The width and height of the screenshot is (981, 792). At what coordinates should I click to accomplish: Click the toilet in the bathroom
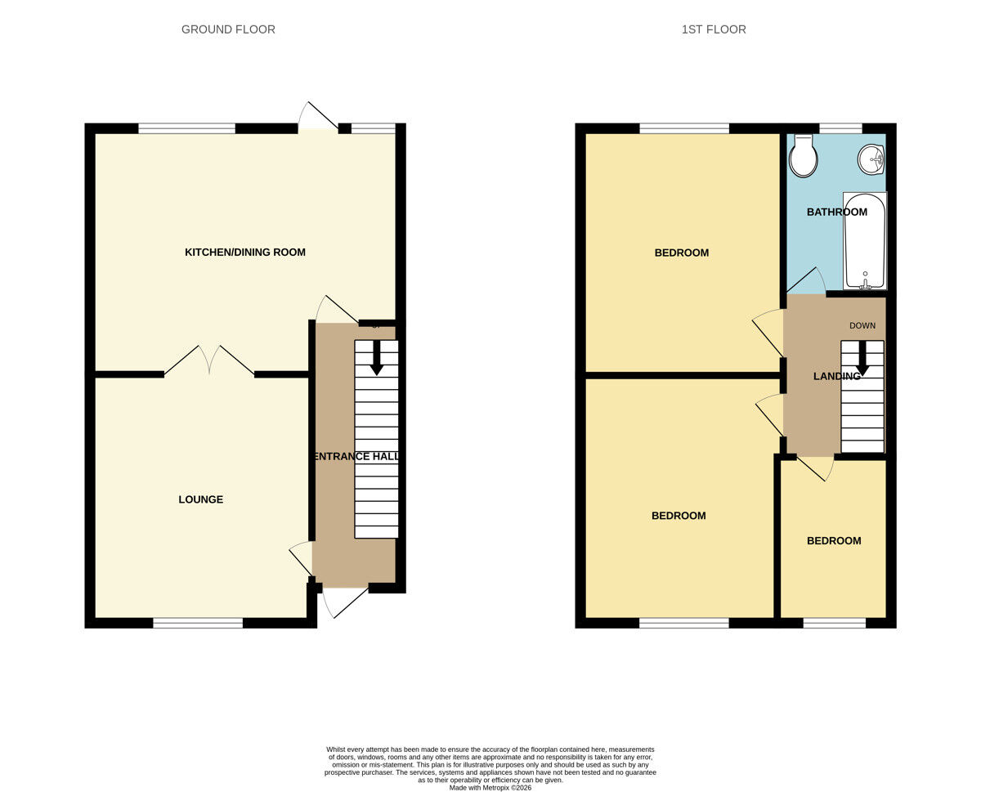804,156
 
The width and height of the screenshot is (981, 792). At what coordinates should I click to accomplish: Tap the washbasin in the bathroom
871,159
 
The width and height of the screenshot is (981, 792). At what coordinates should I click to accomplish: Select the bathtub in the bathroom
865,240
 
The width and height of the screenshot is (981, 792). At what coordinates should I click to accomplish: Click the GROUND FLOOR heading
228,29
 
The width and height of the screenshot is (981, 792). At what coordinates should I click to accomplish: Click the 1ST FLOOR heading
714,29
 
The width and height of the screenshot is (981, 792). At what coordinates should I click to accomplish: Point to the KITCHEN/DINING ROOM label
245,253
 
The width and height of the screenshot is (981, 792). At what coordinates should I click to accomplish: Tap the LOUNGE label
201,499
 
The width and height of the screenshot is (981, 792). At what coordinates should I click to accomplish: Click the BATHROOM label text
836,213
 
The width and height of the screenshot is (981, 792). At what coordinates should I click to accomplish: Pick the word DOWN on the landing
862,325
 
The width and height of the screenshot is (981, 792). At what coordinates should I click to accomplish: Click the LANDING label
836,376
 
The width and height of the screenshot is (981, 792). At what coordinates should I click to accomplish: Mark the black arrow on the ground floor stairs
376,358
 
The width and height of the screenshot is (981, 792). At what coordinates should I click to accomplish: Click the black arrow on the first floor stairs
862,358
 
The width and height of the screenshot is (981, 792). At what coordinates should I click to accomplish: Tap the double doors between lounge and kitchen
210,360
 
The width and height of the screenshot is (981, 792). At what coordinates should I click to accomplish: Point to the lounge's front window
198,623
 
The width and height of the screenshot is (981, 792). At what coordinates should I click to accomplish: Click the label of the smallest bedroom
834,541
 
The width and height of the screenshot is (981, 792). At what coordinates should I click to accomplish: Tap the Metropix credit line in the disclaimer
490,788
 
